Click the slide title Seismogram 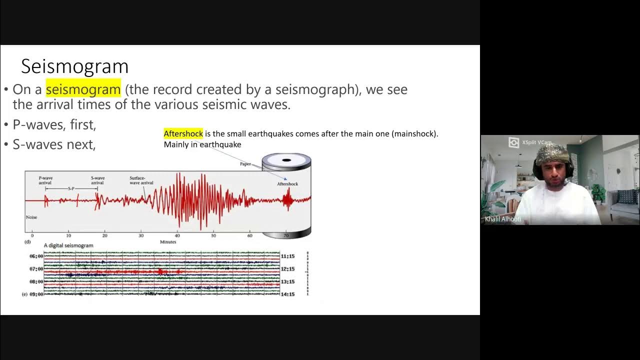(x=75, y=66)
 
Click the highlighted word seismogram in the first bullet (x=83, y=89)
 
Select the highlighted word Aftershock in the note (x=183, y=133)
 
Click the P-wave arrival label (x=45, y=180)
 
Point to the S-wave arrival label (x=97, y=180)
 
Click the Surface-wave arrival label (x=141, y=180)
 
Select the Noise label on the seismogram (x=31, y=217)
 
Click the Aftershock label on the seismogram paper (x=287, y=184)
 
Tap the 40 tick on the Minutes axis (x=177, y=235)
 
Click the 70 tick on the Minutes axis (x=286, y=235)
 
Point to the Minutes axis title (x=168, y=242)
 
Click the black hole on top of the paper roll (x=286, y=160)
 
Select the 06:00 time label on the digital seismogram (x=36, y=256)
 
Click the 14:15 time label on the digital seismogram (x=287, y=294)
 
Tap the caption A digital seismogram (x=68, y=245)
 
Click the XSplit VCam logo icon (x=513, y=142)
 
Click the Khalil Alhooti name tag (x=502, y=219)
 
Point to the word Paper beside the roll (x=245, y=164)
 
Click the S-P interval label (x=71, y=188)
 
